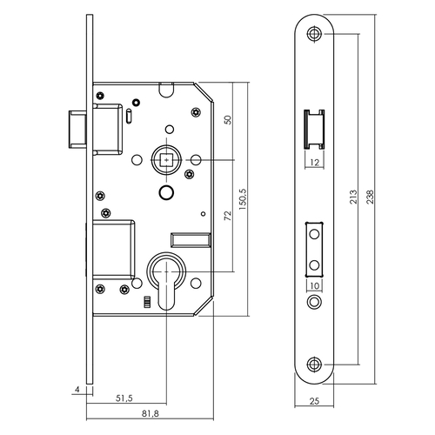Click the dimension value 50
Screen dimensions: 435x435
click(x=229, y=121)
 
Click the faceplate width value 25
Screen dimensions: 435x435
click(x=315, y=403)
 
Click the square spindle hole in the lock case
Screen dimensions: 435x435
click(x=165, y=161)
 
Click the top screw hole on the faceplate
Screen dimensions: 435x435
click(x=314, y=34)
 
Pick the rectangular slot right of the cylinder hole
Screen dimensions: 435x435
click(x=192, y=238)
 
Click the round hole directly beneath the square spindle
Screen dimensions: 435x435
click(x=165, y=190)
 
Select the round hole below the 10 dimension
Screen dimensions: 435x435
click(x=314, y=301)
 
